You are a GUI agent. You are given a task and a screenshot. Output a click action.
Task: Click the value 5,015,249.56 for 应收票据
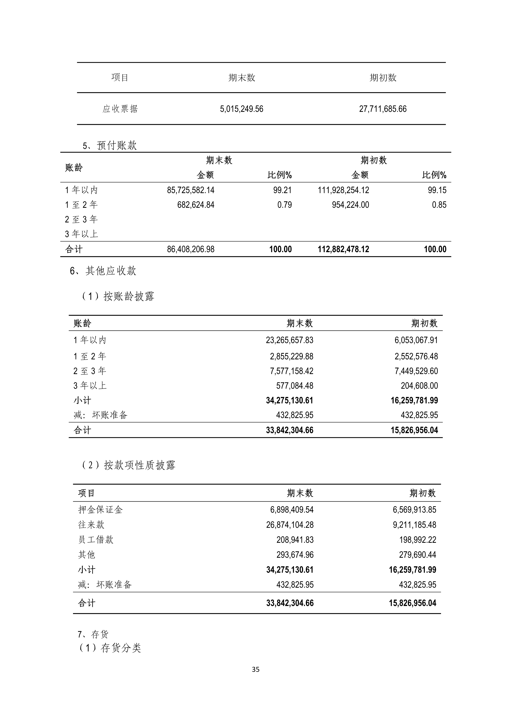[241, 109]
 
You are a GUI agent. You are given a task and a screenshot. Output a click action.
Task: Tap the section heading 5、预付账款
[110, 146]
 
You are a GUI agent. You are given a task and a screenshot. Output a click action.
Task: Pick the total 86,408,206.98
[191, 249]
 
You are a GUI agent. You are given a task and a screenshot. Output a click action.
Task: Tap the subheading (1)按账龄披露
[118, 296]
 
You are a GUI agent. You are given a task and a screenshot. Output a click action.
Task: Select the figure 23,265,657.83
[289, 340]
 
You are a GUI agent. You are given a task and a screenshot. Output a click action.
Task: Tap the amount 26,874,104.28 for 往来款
[290, 525]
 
